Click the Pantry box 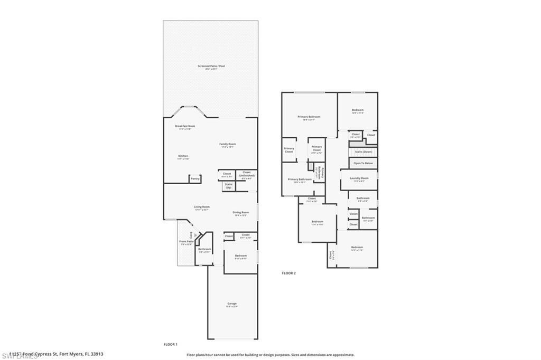[x=195, y=179]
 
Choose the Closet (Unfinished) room [x=246, y=175]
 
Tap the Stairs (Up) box [x=228, y=186]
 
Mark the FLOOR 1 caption [x=171, y=344]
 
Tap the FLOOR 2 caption [x=288, y=273]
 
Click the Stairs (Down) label [x=363, y=151]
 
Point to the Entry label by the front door [x=190, y=234]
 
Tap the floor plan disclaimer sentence [x=270, y=355]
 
